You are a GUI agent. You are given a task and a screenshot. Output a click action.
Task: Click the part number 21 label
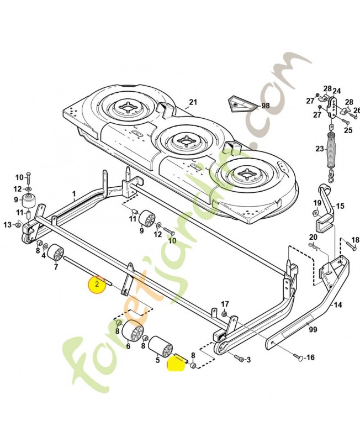[x=193, y=102]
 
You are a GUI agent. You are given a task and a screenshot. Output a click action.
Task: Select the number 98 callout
[x=266, y=106]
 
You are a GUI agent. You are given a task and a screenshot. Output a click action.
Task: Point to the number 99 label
[x=313, y=329]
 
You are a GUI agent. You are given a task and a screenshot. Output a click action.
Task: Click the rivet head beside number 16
[x=299, y=357]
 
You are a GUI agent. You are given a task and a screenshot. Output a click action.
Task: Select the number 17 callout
[x=225, y=304]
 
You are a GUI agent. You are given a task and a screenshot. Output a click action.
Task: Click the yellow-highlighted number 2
[x=97, y=283]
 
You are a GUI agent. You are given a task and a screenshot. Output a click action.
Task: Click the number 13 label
[x=7, y=225]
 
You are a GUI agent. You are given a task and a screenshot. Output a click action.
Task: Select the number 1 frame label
[x=74, y=194]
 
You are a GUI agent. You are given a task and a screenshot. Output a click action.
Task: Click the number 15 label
[x=340, y=206]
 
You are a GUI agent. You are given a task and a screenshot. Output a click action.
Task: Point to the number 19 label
[x=317, y=203]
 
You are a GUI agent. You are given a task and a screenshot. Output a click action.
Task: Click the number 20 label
[x=313, y=237]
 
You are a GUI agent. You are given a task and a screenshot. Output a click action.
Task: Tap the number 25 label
[x=348, y=130]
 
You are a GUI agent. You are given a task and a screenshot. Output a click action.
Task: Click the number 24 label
[x=337, y=91]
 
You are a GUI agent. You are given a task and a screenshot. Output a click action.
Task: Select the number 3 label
[x=248, y=360]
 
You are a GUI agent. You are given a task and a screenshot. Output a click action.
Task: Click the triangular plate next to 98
[x=242, y=103]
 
